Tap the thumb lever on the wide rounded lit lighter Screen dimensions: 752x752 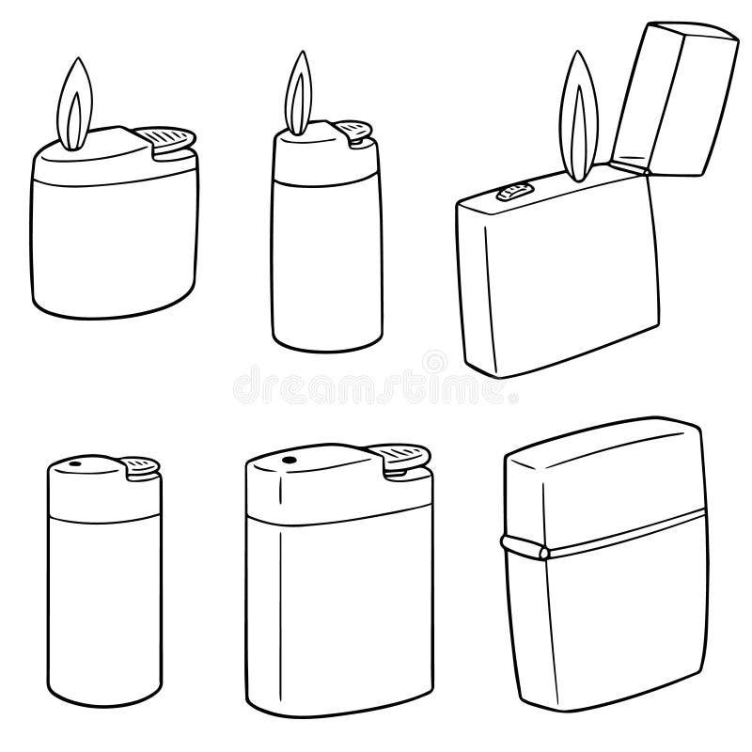click(170, 138)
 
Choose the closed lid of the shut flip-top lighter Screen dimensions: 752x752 click(602, 489)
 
